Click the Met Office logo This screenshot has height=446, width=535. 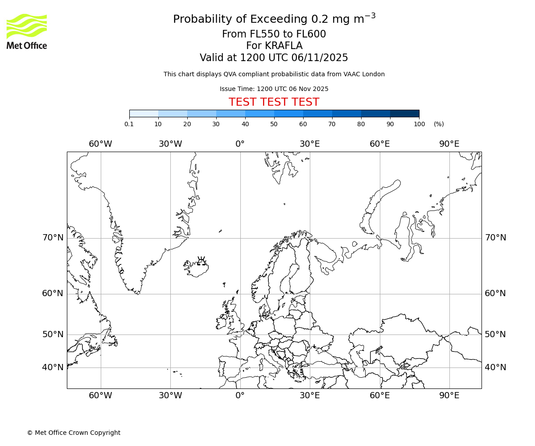[27, 31]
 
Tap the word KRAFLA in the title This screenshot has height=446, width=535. [284, 46]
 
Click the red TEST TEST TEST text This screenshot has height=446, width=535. [274, 102]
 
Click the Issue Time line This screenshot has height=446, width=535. [274, 89]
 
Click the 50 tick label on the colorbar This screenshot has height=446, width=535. [274, 124]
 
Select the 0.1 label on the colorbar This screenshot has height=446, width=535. [129, 124]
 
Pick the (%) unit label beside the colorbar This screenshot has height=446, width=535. [439, 124]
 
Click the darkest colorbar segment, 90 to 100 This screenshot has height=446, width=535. [404, 113]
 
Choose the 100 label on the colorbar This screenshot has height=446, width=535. [419, 124]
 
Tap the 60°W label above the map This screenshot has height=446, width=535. [100, 144]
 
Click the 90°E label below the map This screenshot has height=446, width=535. [449, 395]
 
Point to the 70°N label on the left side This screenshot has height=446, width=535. [53, 238]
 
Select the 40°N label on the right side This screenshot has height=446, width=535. [495, 368]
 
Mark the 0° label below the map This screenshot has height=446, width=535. [240, 395]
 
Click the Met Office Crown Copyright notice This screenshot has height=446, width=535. [74, 433]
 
